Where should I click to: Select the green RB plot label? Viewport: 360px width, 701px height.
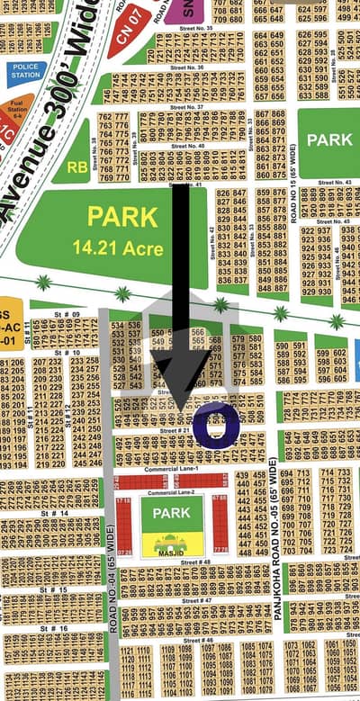click(x=77, y=166)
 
